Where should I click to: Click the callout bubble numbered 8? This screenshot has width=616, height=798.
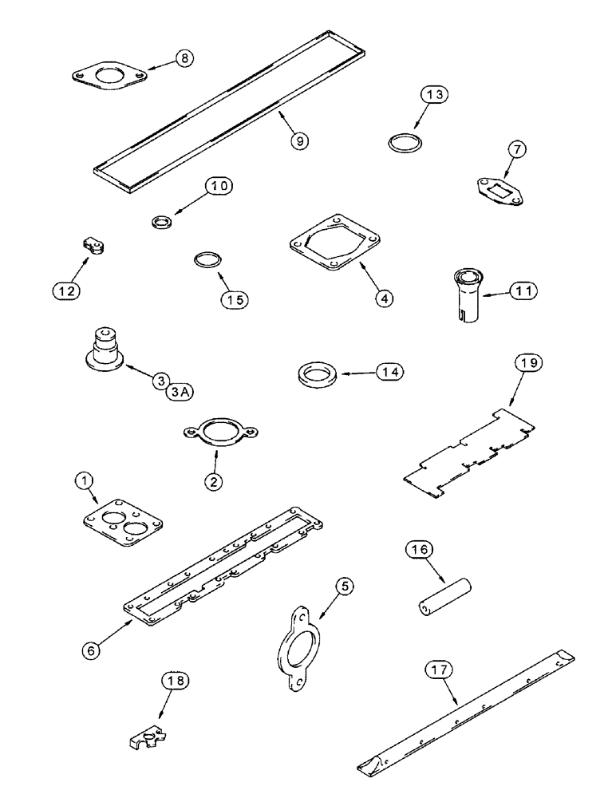pos(184,59)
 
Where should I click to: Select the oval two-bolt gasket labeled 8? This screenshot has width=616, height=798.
pos(108,79)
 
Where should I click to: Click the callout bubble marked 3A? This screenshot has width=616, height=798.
pos(184,391)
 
